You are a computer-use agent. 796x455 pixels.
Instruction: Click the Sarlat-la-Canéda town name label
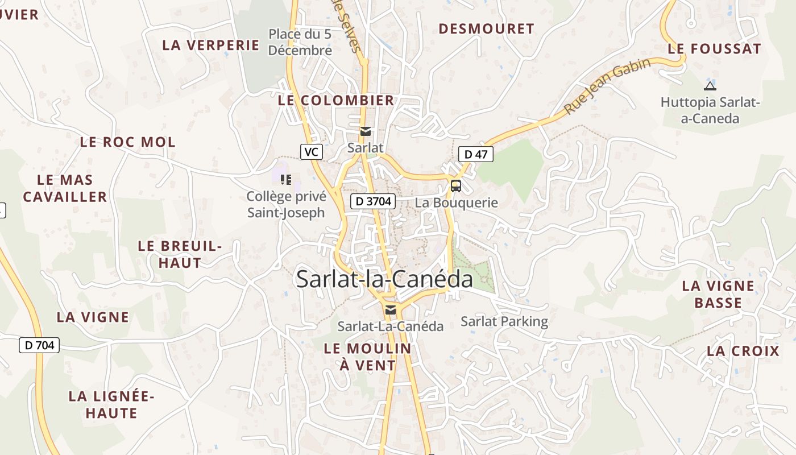[x=384, y=279]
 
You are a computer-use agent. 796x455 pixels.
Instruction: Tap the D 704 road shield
[x=39, y=345]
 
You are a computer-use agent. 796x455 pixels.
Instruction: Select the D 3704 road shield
[x=372, y=201]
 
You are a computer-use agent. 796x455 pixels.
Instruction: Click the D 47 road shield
[x=475, y=154]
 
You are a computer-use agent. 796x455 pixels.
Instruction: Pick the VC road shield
[x=311, y=152]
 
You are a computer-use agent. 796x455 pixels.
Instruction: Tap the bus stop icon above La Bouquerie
[x=456, y=186]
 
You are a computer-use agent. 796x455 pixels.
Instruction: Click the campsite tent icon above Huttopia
[x=710, y=86]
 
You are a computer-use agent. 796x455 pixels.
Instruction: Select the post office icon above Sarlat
[x=366, y=131]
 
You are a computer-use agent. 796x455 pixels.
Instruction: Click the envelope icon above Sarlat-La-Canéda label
[x=391, y=310]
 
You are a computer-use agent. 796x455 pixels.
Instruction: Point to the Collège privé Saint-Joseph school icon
[x=286, y=180]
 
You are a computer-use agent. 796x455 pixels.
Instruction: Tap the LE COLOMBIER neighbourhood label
[x=336, y=101]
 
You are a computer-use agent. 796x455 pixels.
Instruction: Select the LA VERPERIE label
[x=211, y=45]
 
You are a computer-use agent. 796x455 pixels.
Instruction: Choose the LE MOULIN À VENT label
[x=367, y=357]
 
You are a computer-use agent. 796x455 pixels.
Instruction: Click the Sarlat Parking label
[x=504, y=321]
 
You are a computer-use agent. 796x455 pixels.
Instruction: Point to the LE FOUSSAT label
[x=714, y=49]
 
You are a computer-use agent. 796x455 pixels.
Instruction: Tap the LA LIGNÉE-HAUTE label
[x=111, y=404]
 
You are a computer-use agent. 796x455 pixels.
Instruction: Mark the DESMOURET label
[x=487, y=29]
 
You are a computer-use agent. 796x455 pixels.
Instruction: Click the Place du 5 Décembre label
[x=300, y=42]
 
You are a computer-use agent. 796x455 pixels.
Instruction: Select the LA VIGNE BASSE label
[x=718, y=294]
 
